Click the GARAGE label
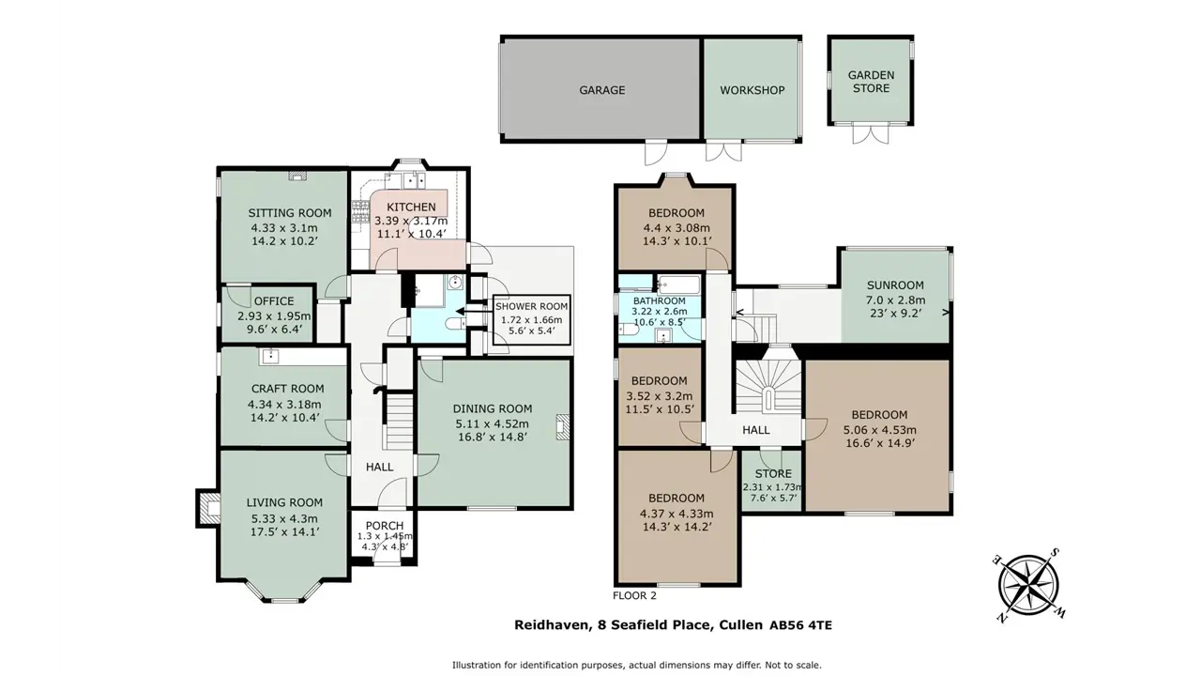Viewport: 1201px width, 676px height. pyautogui.click(x=602, y=90)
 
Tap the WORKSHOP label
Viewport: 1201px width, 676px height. pyautogui.click(x=753, y=90)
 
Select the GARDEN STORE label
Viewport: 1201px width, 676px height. pyautogui.click(x=872, y=82)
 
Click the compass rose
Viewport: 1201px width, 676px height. pyautogui.click(x=1028, y=585)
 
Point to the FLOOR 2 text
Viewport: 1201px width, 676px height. pyautogui.click(x=635, y=595)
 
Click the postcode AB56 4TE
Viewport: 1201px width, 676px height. pyautogui.click(x=801, y=625)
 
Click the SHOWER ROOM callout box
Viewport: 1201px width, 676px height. pyautogui.click(x=531, y=321)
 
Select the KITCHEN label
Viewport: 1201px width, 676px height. pyautogui.click(x=411, y=207)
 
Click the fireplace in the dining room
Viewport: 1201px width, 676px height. pyautogui.click(x=562, y=427)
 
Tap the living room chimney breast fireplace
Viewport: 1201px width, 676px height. pyautogui.click(x=209, y=508)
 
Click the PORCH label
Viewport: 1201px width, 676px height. pyautogui.click(x=385, y=526)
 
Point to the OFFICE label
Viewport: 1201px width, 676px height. pyautogui.click(x=274, y=301)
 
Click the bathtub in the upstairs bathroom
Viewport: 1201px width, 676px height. pyautogui.click(x=678, y=284)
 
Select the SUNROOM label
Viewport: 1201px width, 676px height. pyautogui.click(x=895, y=285)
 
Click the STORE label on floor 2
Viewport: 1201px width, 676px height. pyautogui.click(x=773, y=474)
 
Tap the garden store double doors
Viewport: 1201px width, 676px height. pyautogui.click(x=870, y=134)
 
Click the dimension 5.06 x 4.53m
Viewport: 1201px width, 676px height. pyautogui.click(x=879, y=430)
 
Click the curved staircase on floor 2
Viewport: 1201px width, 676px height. pyautogui.click(x=768, y=385)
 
